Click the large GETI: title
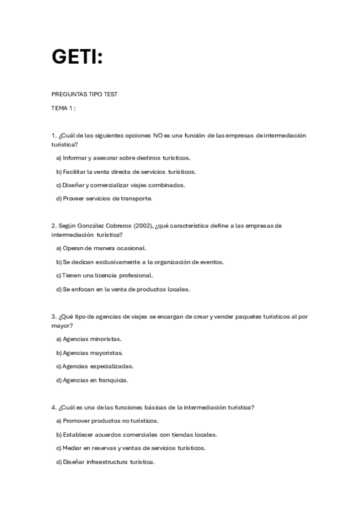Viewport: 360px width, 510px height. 77,57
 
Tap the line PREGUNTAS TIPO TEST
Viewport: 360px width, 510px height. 84,94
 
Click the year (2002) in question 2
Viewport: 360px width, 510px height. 141,226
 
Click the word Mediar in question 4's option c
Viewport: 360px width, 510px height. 73,448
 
